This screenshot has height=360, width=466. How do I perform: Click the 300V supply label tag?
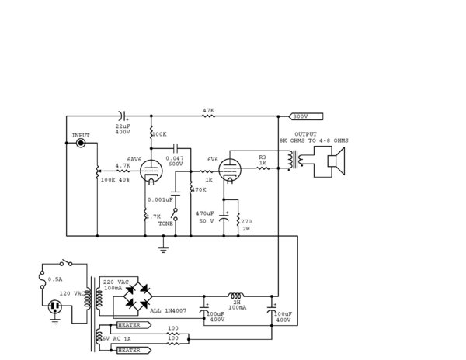[300, 116]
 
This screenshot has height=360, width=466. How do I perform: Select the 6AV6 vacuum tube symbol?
[152, 171]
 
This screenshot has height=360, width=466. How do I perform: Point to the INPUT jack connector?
[81, 144]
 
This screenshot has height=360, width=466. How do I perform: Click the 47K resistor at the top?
[208, 116]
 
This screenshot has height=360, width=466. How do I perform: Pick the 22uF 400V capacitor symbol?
[123, 116]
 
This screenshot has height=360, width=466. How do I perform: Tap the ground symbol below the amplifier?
[163, 247]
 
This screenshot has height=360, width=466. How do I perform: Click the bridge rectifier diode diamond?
[143, 296]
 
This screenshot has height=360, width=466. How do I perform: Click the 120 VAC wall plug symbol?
[55, 308]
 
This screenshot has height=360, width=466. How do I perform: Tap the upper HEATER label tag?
[129, 324]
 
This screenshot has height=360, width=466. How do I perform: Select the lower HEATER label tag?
[129, 350]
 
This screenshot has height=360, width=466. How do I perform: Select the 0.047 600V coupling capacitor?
[176, 147]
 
